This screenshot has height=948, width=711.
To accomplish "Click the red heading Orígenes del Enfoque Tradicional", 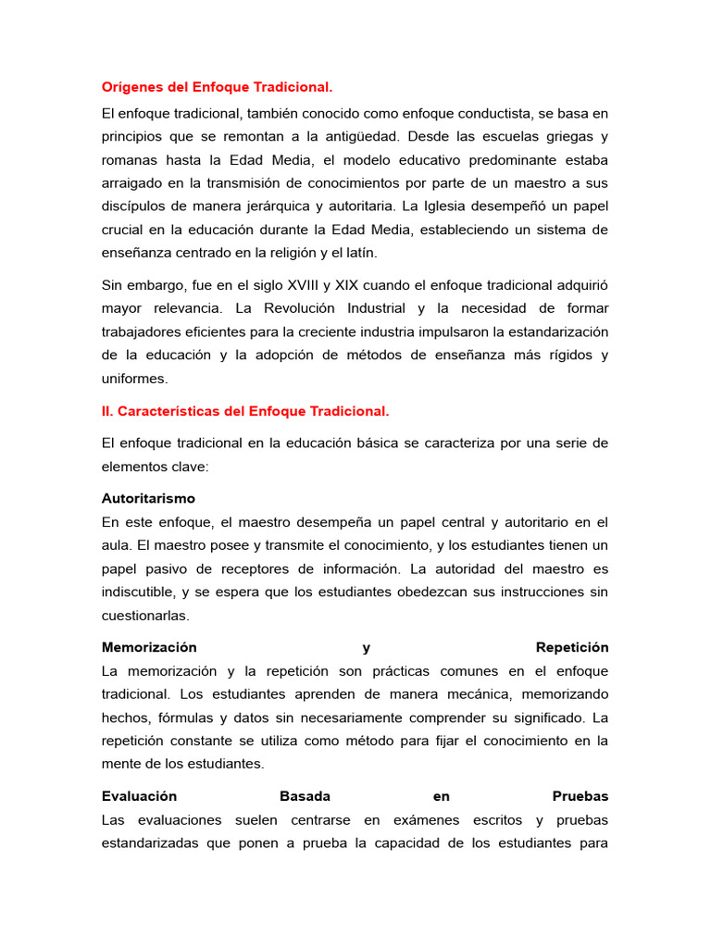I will coord(216,87).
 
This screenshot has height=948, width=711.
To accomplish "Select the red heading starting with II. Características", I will coord(245,410).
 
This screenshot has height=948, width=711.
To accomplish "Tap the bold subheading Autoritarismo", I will coord(148,498).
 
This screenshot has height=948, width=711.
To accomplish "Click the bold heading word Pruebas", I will coord(580,796).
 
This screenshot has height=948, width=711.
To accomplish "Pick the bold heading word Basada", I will coord(305,796).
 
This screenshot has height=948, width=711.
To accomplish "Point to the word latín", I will coord(360,252).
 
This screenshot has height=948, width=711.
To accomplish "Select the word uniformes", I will coord(135,378).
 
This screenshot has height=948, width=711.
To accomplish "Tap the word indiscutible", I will coord(141,592).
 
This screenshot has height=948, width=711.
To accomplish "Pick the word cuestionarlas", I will coord(144,615).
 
